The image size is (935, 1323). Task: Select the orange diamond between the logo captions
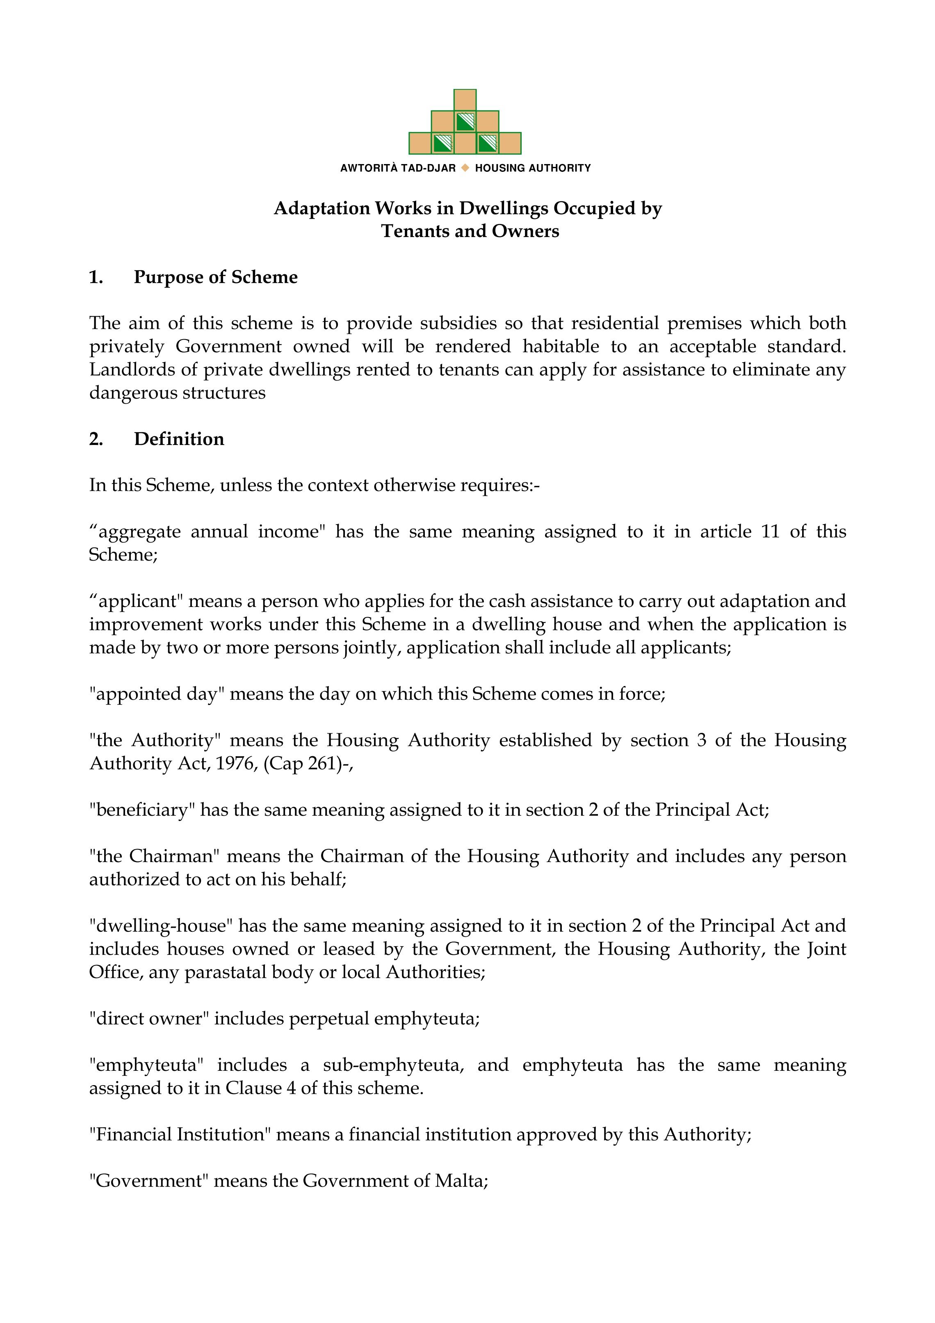pos(465,168)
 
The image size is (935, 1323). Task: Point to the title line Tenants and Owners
pos(470,232)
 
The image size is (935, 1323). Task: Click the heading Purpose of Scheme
pos(215,277)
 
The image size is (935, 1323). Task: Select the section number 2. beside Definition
pos(96,439)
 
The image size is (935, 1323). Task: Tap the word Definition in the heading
pos(179,439)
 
